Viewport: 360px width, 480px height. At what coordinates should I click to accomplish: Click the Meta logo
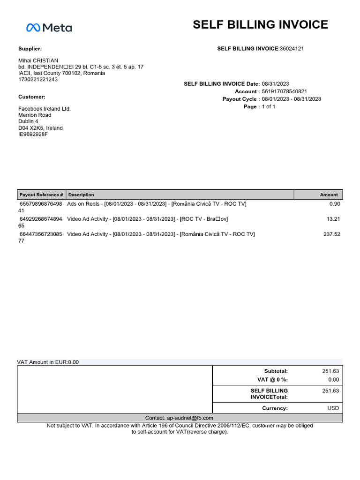(x=49, y=28)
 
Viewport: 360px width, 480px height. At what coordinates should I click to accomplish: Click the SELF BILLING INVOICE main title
(x=260, y=25)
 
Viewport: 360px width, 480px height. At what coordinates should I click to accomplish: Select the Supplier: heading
(x=30, y=49)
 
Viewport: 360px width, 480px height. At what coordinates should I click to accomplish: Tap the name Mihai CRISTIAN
(x=38, y=61)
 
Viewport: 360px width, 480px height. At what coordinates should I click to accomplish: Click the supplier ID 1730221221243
(x=38, y=79)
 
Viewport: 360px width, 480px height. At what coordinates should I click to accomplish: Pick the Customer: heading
(x=32, y=97)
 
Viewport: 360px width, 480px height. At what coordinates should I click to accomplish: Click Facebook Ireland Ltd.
(x=45, y=109)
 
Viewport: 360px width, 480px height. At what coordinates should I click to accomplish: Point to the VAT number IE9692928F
(x=33, y=135)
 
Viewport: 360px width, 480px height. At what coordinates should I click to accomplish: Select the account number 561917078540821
(x=285, y=91)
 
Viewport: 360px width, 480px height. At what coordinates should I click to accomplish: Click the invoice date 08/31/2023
(x=276, y=84)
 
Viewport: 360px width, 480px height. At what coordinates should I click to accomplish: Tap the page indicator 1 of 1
(x=269, y=107)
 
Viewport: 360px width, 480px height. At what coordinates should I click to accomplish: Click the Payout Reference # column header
(x=41, y=195)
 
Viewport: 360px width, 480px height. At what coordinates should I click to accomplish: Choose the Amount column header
(x=329, y=195)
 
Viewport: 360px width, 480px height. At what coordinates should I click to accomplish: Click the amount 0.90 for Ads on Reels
(x=335, y=204)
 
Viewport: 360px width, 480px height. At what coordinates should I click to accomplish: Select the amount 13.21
(x=333, y=219)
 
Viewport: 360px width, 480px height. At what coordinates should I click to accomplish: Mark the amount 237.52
(x=331, y=234)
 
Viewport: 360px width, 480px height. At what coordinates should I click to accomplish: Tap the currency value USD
(x=333, y=408)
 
